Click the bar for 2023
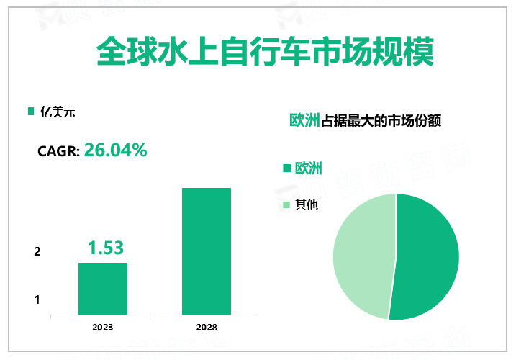(x=103, y=289)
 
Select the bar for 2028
(x=206, y=251)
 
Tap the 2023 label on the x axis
(x=102, y=327)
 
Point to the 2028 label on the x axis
(x=206, y=327)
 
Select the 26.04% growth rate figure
(x=116, y=150)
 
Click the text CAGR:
(x=58, y=152)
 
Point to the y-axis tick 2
(x=37, y=252)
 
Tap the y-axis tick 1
(x=37, y=300)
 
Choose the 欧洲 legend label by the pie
(x=309, y=168)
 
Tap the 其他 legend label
(x=307, y=204)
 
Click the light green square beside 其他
(x=286, y=205)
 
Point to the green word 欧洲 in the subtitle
(x=304, y=120)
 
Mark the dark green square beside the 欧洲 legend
(x=286, y=168)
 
